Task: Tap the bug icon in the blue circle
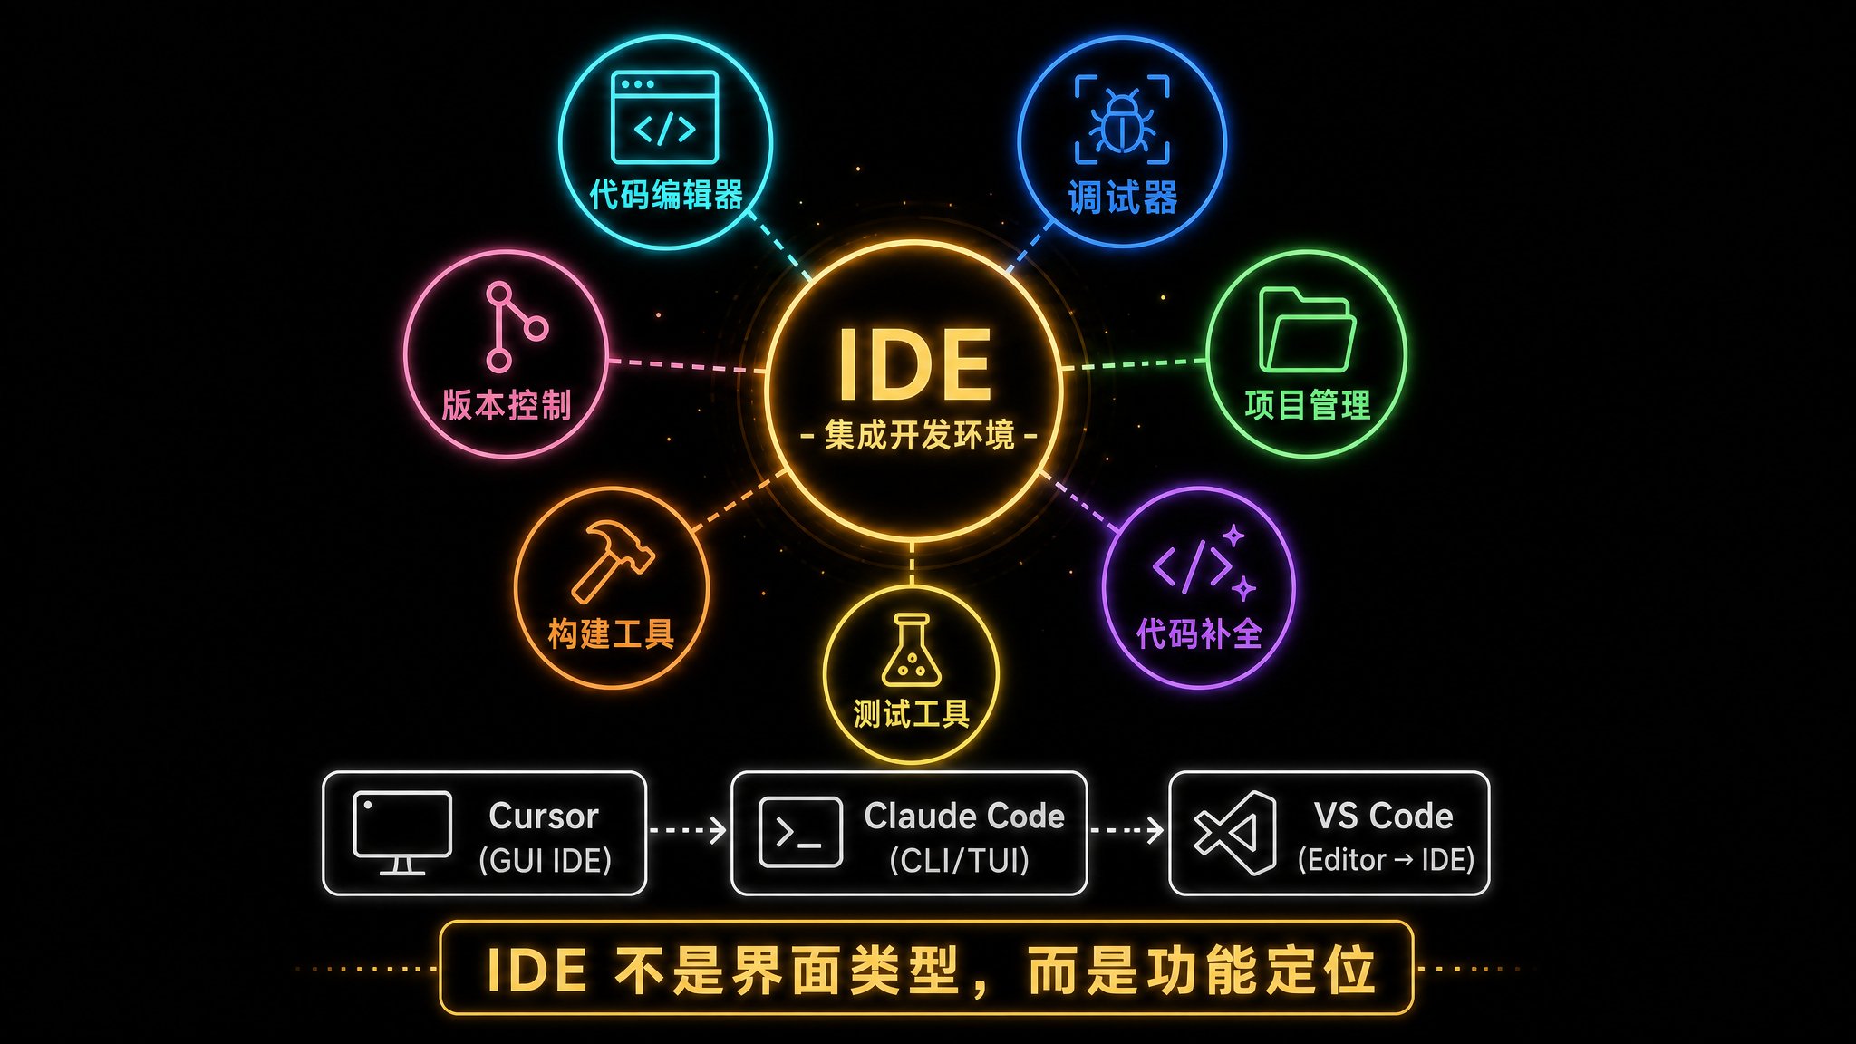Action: pos(1122,121)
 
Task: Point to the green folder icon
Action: pos(1307,330)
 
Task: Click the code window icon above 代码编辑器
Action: pos(665,118)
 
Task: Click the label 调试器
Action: pos(1122,198)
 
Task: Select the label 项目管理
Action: pos(1307,405)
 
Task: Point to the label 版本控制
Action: pos(507,405)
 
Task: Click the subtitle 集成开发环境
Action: pos(919,436)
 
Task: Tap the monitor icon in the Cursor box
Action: pos(402,833)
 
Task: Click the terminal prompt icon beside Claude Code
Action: pos(800,832)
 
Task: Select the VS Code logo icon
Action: pos(1235,833)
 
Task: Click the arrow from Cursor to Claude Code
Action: pos(688,829)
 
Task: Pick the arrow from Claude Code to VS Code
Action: pos(1127,829)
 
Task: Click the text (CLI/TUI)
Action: pos(960,860)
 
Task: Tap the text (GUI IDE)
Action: pos(545,860)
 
